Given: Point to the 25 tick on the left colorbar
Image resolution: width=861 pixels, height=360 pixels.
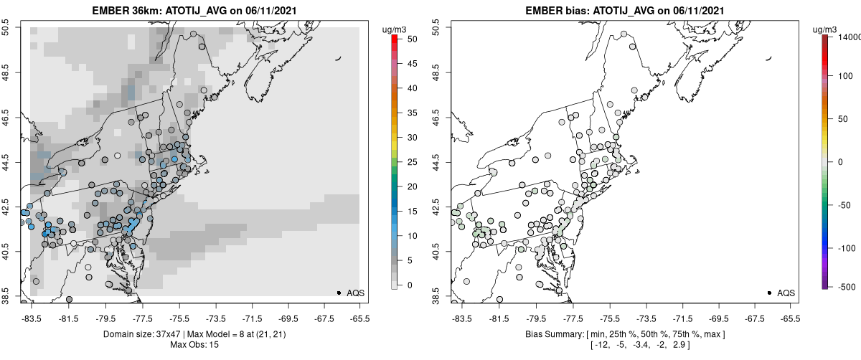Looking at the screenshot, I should (x=407, y=161).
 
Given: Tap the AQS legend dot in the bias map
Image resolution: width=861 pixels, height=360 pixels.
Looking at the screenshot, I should (x=769, y=293).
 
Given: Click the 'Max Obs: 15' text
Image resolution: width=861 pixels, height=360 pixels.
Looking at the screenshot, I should (x=194, y=345).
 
